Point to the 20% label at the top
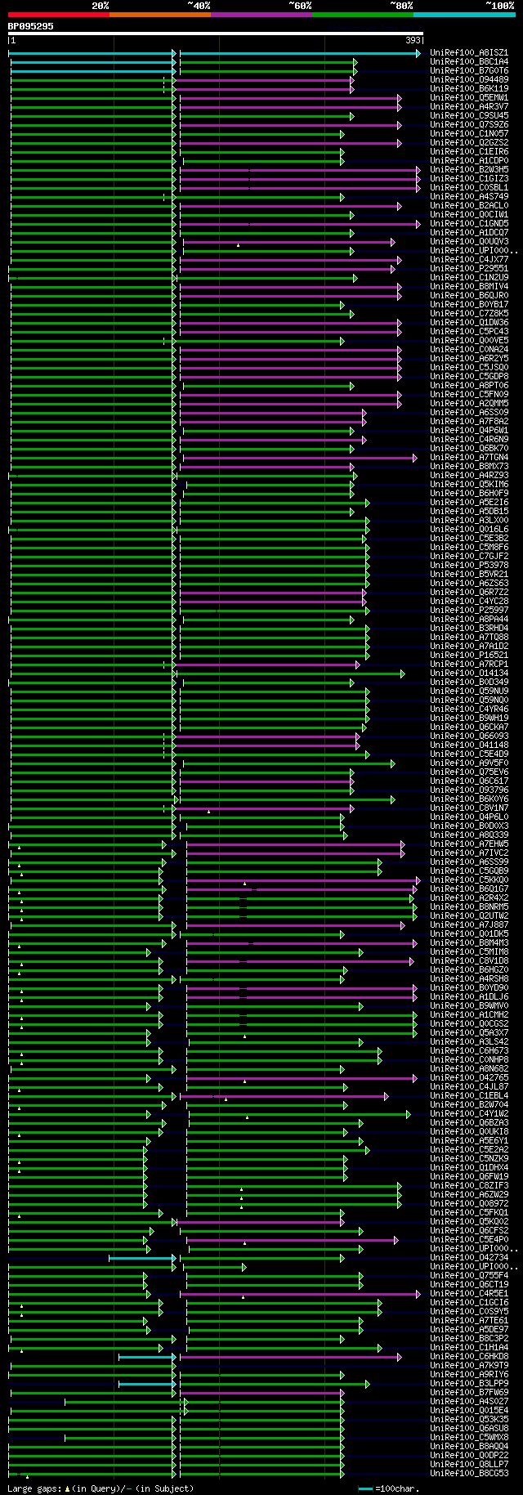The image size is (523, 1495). pos(100,6)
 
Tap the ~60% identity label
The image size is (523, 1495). pos(299,6)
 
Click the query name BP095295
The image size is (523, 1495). pos(31,26)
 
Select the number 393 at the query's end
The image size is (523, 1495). pos(413,40)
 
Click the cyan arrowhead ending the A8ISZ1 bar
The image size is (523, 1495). pos(418,53)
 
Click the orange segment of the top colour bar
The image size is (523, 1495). pos(159,15)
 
